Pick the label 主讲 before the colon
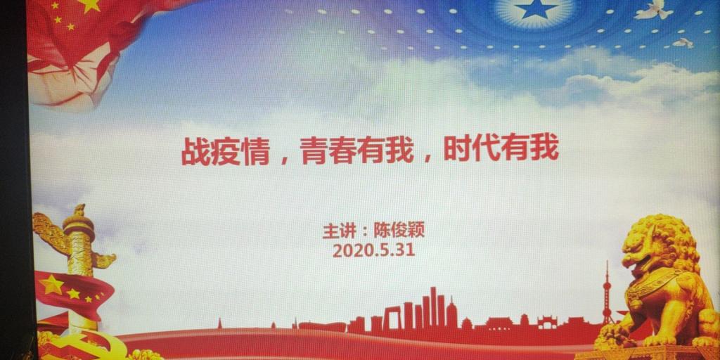(338, 230)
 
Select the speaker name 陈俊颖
(399, 230)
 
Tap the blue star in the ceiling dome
(534, 8)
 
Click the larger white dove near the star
(653, 10)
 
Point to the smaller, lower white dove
(683, 43)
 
